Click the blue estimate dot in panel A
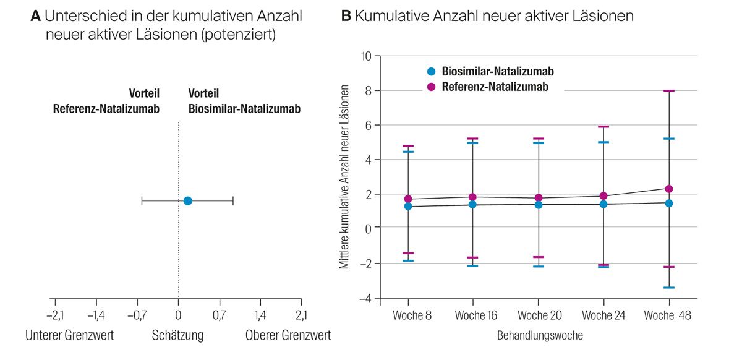[x=187, y=200]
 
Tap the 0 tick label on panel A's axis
[x=178, y=315]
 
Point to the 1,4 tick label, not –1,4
[x=260, y=315]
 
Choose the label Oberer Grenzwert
[x=288, y=336]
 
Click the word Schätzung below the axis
[x=178, y=336]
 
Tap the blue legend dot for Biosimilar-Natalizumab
[x=432, y=71]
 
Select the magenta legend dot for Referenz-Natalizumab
[x=432, y=87]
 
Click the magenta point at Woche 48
[x=668, y=189]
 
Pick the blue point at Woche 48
[x=668, y=203]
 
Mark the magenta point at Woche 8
[x=408, y=199]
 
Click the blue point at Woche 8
[x=408, y=206]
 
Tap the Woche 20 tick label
[x=540, y=315]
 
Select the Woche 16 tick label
[x=475, y=315]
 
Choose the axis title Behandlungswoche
[x=540, y=336]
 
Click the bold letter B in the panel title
[x=346, y=17]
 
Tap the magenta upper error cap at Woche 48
[x=668, y=91]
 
